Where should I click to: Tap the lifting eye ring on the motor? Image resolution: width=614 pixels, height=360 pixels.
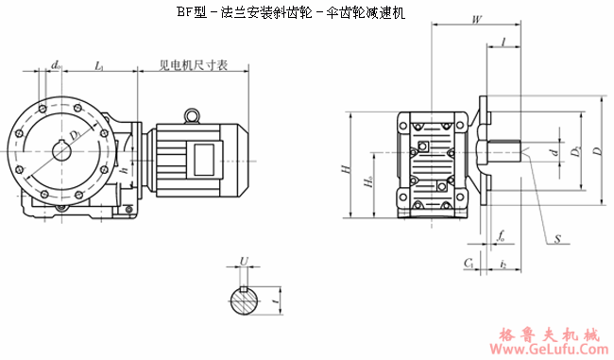coord(193,115)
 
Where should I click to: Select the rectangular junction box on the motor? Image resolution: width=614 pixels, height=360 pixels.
coord(204,154)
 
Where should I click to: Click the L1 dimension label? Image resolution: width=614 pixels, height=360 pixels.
coord(100,64)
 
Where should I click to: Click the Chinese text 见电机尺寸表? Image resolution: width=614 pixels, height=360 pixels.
coord(193,66)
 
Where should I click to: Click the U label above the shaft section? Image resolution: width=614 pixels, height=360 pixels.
coord(244,260)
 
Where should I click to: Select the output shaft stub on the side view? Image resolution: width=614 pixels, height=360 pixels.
coord(505,154)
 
